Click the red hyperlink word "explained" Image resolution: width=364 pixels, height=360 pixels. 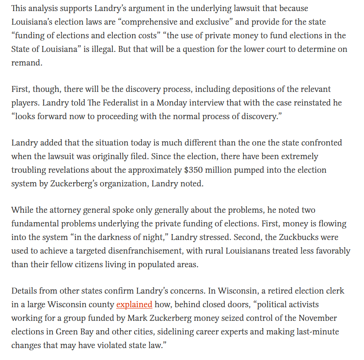point(134,305)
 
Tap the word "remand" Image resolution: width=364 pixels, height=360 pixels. point(26,63)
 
